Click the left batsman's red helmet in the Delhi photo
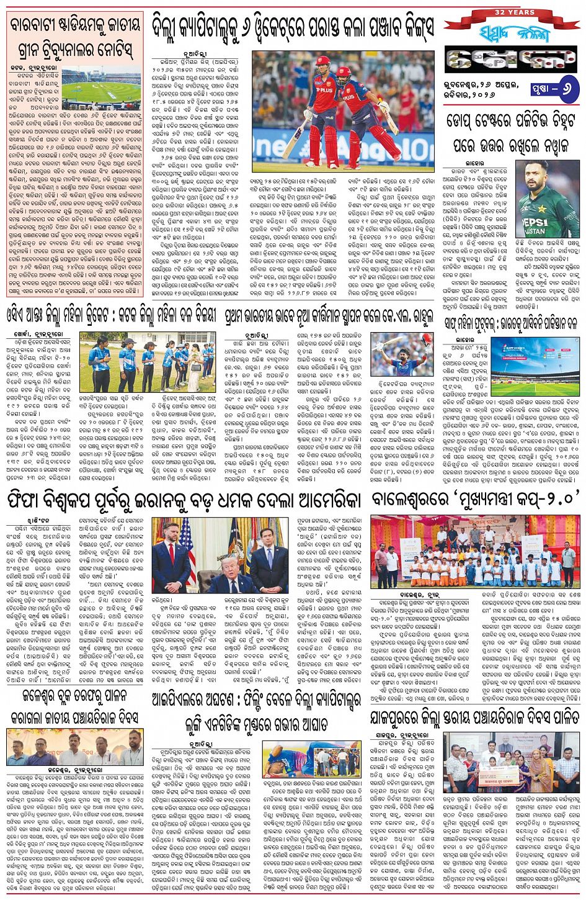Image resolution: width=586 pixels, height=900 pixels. point(322,62)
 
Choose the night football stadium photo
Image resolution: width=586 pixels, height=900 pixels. point(535,367)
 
